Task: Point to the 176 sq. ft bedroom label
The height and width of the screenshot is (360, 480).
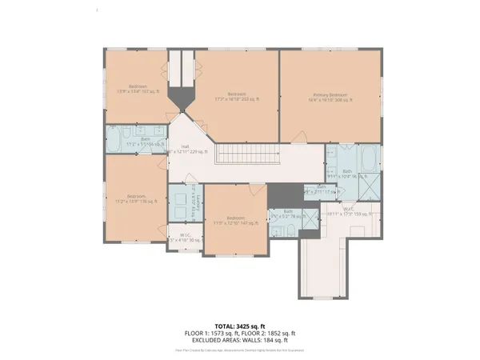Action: [x=135, y=198]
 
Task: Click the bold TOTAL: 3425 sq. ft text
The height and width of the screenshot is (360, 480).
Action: [x=240, y=326]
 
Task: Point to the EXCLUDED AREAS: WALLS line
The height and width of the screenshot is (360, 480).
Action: [x=240, y=340]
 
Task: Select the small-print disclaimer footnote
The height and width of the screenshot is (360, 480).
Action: [x=240, y=350]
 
